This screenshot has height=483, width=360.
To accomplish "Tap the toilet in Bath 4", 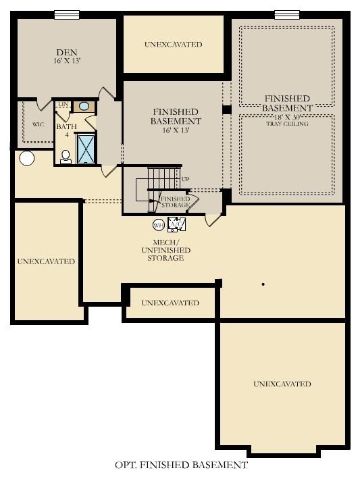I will (x=66, y=157).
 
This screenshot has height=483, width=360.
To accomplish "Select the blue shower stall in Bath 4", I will (x=86, y=149).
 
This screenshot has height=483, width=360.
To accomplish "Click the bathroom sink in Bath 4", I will (x=84, y=106).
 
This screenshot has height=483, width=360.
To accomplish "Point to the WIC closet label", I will (x=38, y=125).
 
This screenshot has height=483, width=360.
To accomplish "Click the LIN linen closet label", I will (x=62, y=104).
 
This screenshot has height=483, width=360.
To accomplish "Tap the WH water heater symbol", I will (x=158, y=225).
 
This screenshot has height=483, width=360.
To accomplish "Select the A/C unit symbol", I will (x=176, y=224).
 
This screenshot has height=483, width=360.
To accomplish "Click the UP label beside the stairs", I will (x=186, y=180).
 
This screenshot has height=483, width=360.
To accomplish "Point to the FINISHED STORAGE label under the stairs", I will (x=175, y=201).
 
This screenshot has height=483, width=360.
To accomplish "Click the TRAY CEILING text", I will (x=287, y=124).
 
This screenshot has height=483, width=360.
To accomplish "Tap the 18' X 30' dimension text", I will (x=287, y=117).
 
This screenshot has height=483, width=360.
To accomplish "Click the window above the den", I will (x=66, y=14).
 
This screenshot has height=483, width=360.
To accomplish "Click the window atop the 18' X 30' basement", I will (x=286, y=14).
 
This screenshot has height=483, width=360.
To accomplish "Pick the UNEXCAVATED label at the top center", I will (x=173, y=45).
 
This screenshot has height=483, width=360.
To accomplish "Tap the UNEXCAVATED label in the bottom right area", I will (x=282, y=384).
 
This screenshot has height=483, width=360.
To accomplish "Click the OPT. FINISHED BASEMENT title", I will (x=180, y=465).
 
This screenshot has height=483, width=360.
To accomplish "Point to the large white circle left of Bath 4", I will (x=26, y=159).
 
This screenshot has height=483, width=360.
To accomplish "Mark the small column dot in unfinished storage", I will (x=263, y=284).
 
